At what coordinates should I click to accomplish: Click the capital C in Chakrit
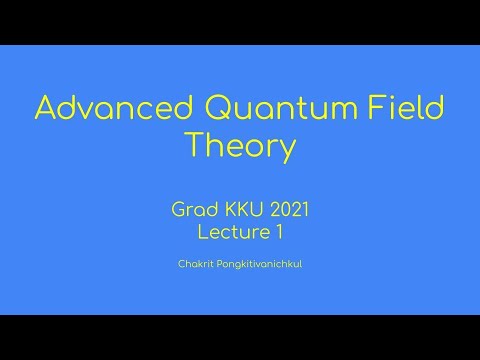[x=177, y=267]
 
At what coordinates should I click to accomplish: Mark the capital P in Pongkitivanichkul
[x=211, y=267]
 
